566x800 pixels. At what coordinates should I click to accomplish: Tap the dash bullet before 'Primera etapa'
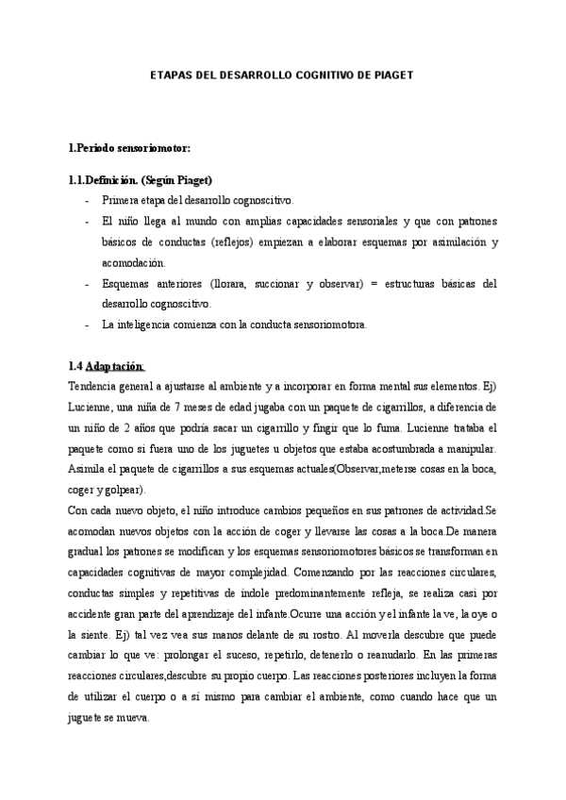(87, 201)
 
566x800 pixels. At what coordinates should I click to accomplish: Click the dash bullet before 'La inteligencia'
(87, 325)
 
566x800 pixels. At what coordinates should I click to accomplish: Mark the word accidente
(96, 614)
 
